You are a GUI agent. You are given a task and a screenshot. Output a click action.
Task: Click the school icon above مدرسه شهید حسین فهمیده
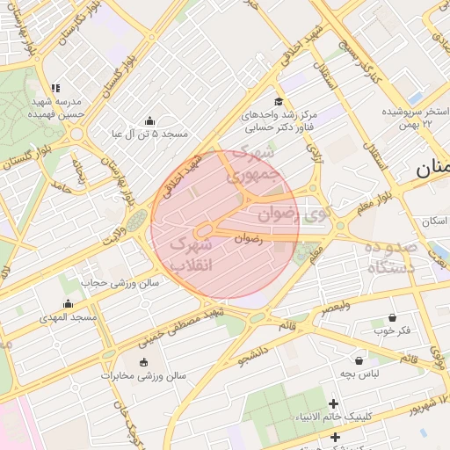[55, 88]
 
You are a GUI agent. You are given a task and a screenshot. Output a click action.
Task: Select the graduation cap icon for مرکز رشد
[279, 102]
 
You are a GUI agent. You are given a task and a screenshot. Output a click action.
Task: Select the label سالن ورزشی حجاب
[120, 283]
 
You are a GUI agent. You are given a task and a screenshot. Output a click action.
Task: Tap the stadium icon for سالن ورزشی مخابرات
[144, 362]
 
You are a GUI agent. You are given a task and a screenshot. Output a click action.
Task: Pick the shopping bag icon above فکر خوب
[392, 317]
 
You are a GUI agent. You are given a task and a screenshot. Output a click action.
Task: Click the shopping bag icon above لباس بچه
[359, 360]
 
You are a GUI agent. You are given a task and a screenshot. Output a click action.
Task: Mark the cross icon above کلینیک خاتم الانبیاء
[334, 403]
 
